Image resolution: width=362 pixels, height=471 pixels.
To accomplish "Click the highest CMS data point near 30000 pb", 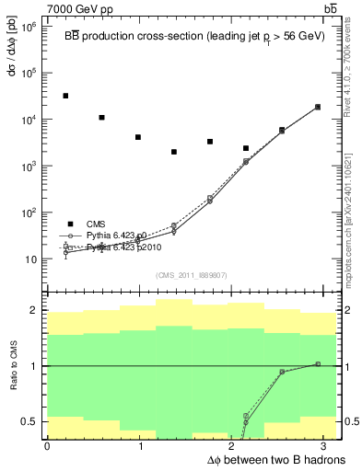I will coord(65,96).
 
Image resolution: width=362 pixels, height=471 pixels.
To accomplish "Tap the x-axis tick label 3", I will coord(328,446).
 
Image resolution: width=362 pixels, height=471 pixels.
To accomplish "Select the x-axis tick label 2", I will coord(235,446).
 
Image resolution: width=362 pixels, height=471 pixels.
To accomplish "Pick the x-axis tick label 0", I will coord(47,446).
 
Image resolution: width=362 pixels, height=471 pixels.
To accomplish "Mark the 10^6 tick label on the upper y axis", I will coord(29,27).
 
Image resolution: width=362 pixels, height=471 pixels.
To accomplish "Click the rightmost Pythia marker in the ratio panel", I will coord(318,364).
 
